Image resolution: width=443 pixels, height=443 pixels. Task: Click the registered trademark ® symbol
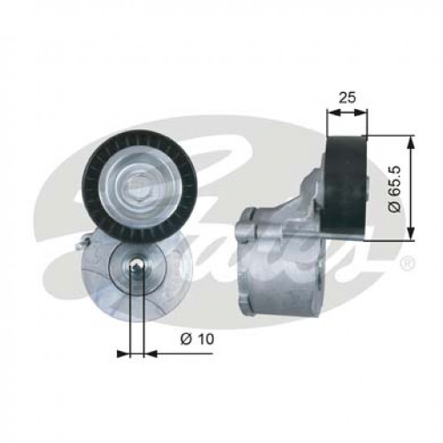coord(407,263)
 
